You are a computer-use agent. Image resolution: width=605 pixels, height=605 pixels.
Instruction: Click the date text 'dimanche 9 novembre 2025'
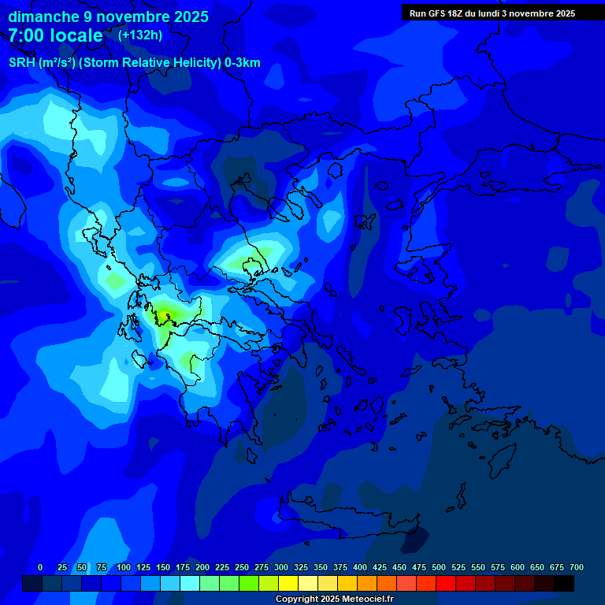click(108, 17)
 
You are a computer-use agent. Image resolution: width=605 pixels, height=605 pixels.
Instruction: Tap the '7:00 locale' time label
click(55, 35)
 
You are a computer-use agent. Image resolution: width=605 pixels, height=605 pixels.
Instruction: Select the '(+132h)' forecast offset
click(140, 35)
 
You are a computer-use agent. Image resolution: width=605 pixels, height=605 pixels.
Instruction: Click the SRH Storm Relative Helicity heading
click(134, 63)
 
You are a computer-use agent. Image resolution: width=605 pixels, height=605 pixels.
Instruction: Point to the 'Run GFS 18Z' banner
click(492, 13)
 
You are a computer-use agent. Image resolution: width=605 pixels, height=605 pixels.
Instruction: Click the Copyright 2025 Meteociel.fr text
click(334, 599)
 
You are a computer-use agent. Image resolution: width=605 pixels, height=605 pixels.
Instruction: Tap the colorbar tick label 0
click(40, 567)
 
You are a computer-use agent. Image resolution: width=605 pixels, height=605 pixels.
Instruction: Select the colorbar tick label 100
click(124, 567)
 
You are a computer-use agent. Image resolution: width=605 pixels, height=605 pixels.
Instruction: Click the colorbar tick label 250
click(242, 567)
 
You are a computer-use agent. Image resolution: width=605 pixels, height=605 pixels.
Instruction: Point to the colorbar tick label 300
click(281, 567)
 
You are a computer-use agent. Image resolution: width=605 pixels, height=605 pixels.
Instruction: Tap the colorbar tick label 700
click(576, 567)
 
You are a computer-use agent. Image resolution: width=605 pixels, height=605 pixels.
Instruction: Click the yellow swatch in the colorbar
click(288, 583)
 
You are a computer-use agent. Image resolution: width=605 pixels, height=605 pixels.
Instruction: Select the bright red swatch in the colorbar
click(446, 583)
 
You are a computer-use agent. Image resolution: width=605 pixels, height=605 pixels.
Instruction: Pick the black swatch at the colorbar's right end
click(564, 583)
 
